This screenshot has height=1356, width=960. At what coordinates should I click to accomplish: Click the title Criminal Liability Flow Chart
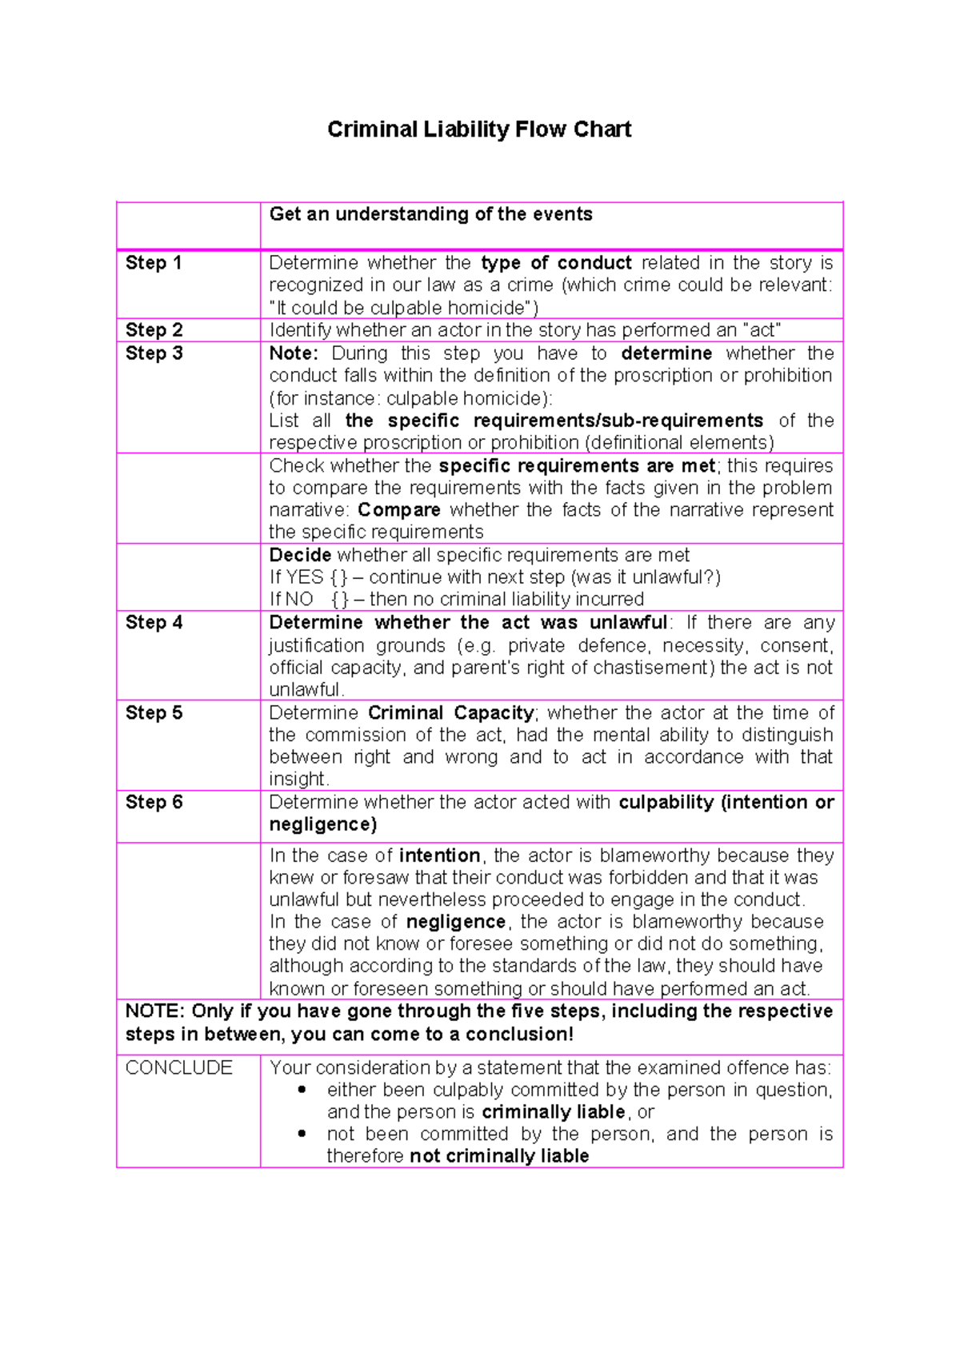479,130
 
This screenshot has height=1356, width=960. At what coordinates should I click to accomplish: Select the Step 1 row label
154,263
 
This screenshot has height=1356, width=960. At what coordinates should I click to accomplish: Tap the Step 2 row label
154,330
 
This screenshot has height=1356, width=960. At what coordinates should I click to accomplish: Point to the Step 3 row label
154,353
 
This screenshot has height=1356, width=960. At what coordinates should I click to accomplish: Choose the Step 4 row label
154,623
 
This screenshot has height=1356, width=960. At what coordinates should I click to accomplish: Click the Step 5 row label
154,713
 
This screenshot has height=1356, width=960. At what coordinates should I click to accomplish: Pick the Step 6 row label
154,803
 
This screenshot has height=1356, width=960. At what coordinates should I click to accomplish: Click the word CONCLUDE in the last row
178,1068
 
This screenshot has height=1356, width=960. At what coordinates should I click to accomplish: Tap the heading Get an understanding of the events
430,214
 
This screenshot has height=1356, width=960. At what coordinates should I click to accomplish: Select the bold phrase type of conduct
556,263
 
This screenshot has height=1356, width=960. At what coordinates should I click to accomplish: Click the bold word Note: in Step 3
294,353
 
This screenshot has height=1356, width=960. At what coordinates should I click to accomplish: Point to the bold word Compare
398,510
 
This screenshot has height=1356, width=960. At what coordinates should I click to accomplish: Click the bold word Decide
300,555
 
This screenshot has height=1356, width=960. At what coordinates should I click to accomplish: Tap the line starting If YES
494,577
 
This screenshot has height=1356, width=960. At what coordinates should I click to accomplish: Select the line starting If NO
456,600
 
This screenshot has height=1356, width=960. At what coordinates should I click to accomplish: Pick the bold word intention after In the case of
439,855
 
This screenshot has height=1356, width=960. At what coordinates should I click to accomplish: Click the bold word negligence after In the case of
456,922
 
